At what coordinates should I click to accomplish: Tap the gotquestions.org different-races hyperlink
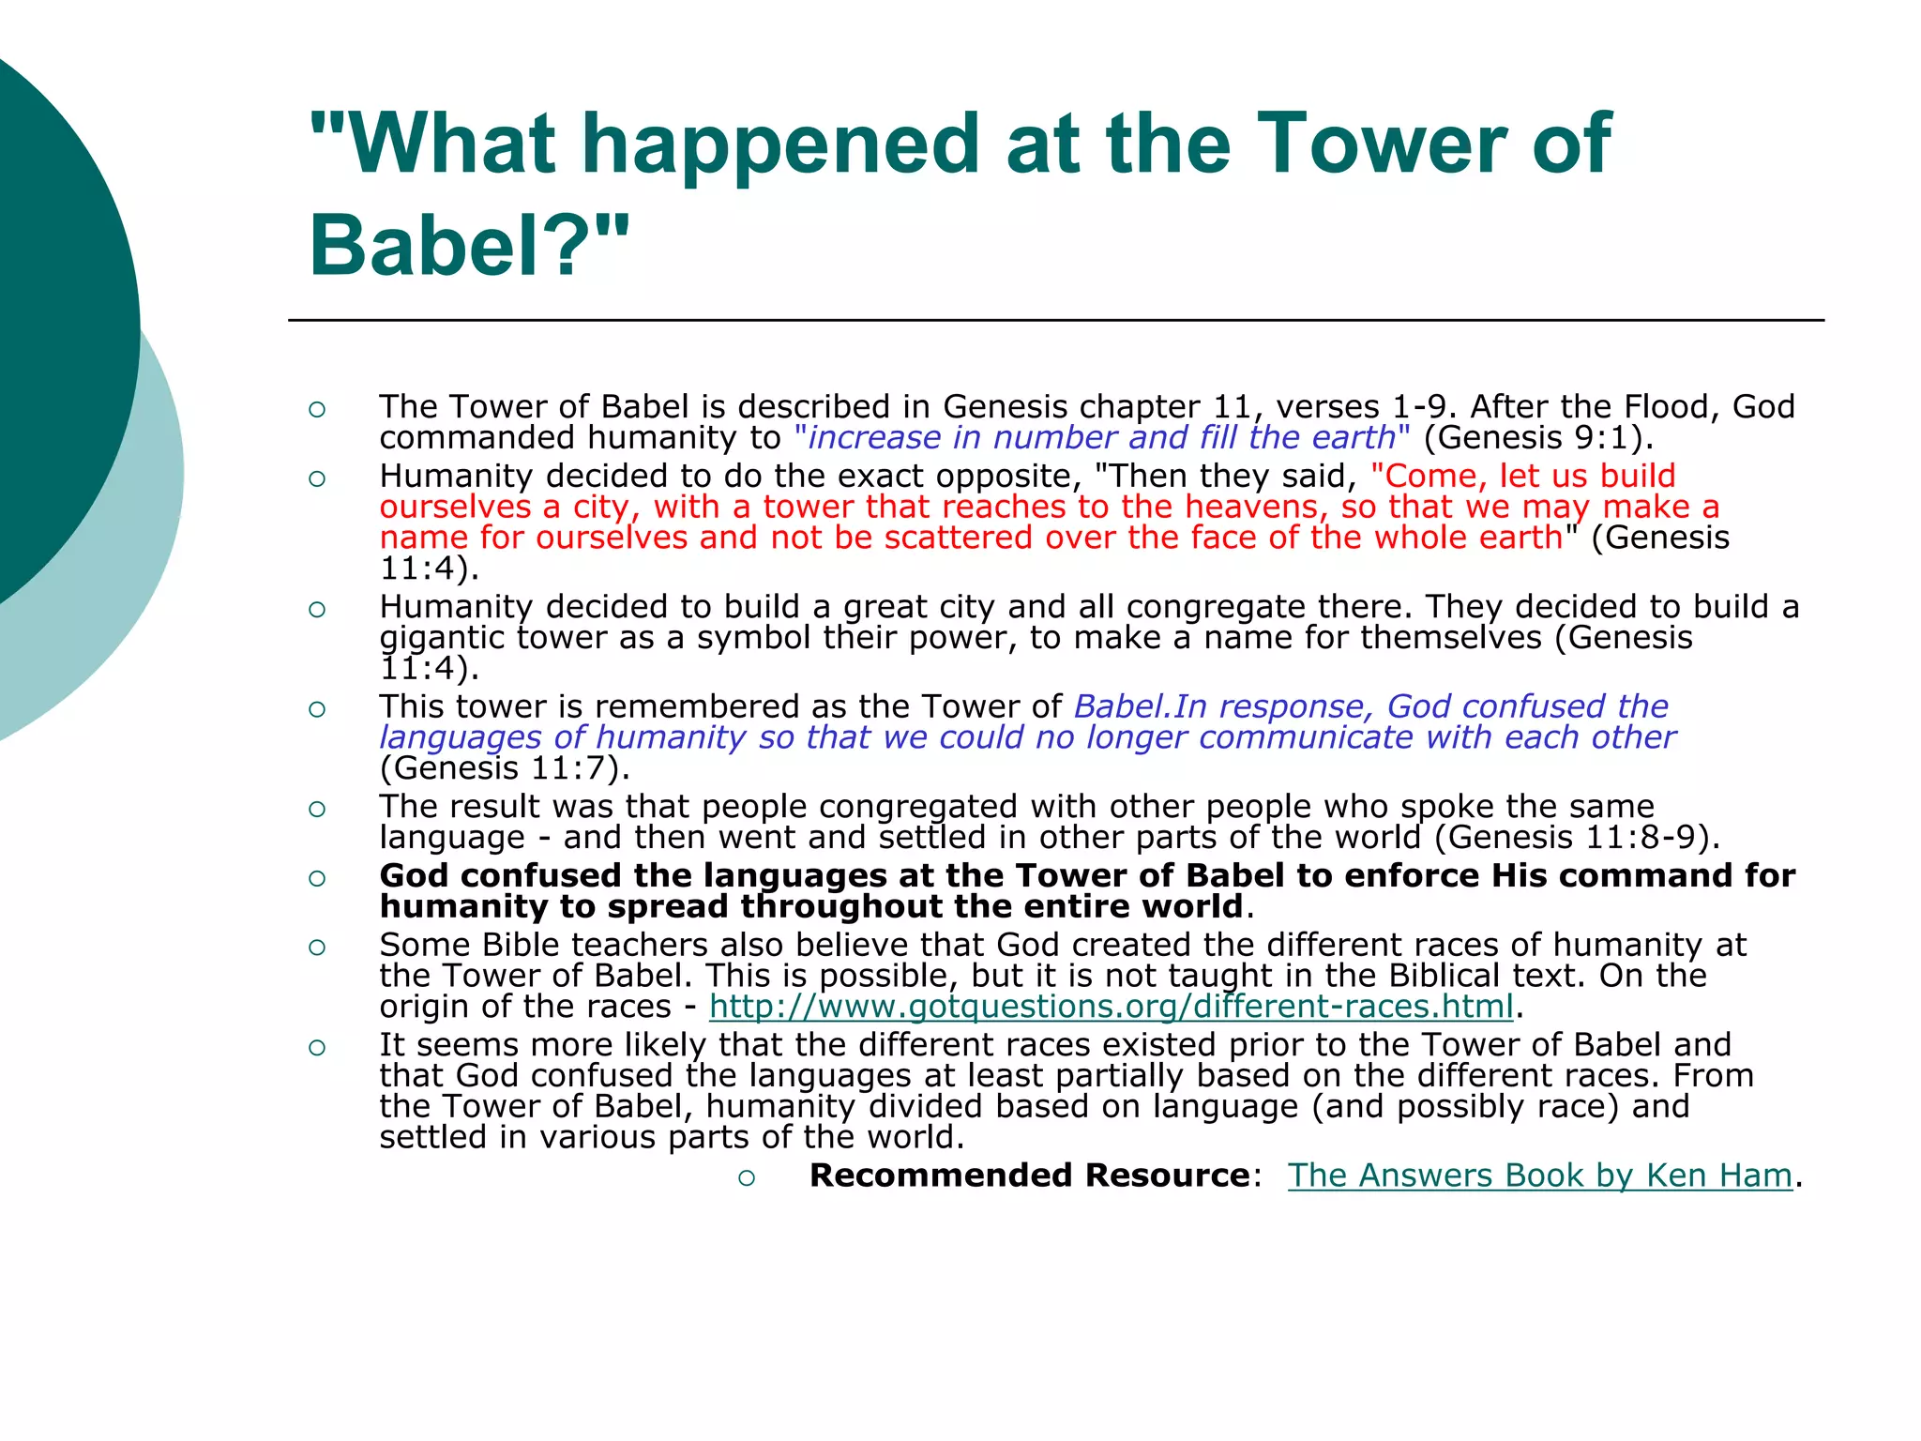pyautogui.click(x=1112, y=1006)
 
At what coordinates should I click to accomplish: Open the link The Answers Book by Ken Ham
pyautogui.click(x=1539, y=1175)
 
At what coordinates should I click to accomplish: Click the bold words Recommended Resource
pyautogui.click(x=1029, y=1175)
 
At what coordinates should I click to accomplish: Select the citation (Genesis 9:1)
pyautogui.click(x=1538, y=437)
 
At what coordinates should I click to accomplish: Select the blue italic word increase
pyautogui.click(x=874, y=437)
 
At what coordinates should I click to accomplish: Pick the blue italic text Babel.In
pyautogui.click(x=1141, y=705)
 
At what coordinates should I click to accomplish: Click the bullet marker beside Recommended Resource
pyautogui.click(x=746, y=1178)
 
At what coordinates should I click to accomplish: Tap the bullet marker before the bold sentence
pyautogui.click(x=317, y=878)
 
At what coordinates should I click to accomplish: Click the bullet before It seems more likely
pyautogui.click(x=317, y=1047)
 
